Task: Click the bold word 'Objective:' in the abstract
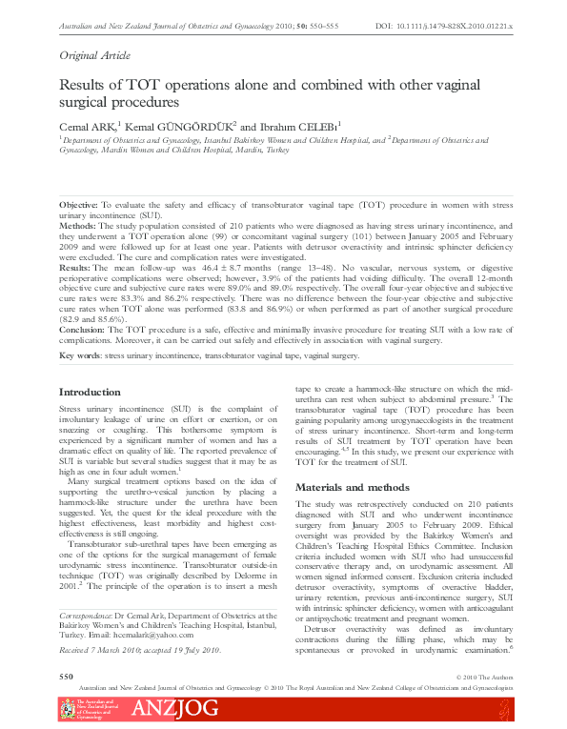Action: pyautogui.click(x=78, y=205)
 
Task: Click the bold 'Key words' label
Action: pyautogui.click(x=79, y=355)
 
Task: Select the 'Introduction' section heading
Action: pyautogui.click(x=90, y=392)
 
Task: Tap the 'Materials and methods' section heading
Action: pyautogui.click(x=352, y=487)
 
